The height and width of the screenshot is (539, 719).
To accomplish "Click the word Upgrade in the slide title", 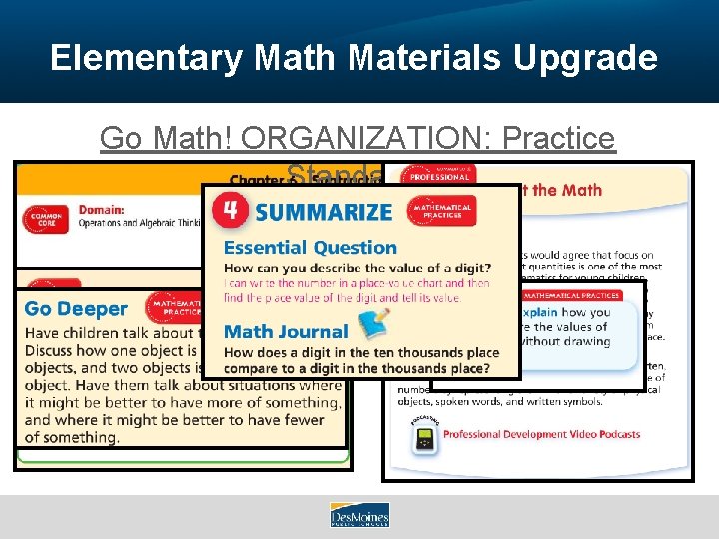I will (585, 58).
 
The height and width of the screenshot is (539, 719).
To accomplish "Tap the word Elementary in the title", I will (146, 58).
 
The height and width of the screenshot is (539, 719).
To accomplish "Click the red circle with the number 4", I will (230, 211).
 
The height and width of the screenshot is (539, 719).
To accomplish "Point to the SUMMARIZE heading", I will (323, 212).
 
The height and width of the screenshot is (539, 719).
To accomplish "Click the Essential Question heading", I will (311, 247).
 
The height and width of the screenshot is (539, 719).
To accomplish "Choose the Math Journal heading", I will (286, 331).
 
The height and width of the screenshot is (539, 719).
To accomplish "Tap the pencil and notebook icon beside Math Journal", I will (372, 324).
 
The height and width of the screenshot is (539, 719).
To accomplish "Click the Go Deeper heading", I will (76, 309).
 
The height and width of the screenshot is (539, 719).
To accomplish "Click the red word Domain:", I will (103, 211).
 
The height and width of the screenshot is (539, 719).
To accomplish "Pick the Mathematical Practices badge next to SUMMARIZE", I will (442, 211).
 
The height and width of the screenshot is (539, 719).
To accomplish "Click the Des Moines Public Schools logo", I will (359, 515).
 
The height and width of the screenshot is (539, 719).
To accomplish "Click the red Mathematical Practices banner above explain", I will (572, 295).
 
